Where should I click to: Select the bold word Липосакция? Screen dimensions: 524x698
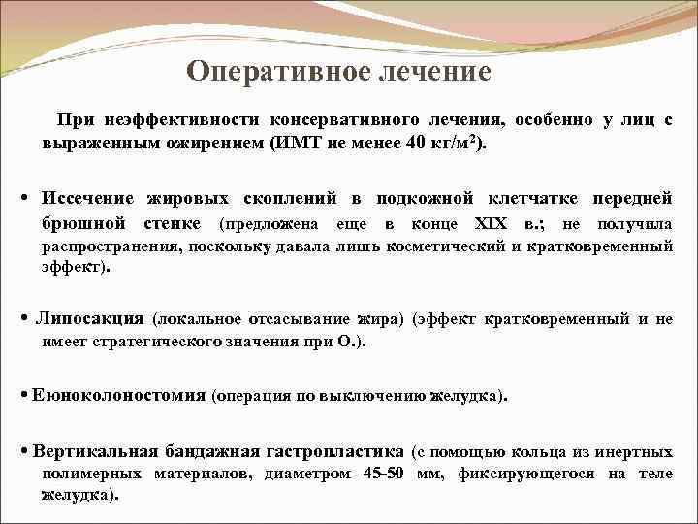click(89, 318)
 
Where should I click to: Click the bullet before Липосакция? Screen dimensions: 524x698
click(23, 318)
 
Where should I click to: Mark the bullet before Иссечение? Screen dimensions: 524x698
click(23, 199)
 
